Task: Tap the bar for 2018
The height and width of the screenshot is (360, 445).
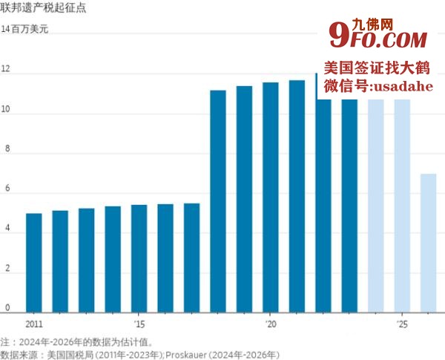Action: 218,200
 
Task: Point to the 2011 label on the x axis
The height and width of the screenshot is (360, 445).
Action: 34,324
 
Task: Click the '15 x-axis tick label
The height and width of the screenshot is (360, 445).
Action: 139,324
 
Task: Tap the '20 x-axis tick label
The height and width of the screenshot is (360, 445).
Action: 271,324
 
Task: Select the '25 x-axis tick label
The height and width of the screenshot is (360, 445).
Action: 402,324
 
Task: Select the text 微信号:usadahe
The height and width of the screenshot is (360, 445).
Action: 378,87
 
